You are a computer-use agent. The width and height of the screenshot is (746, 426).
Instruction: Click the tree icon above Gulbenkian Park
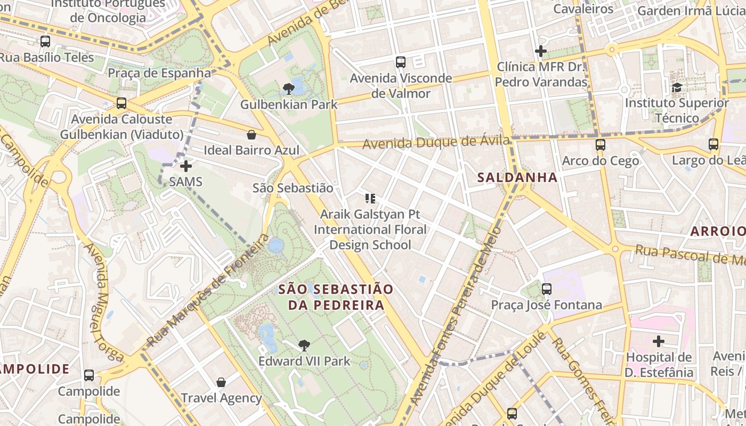(289, 88)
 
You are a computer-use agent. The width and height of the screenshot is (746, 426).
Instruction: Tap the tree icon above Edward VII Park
(304, 346)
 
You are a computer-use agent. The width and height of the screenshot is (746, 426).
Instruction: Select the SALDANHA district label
(517, 177)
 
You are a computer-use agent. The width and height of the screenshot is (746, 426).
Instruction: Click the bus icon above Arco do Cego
(601, 145)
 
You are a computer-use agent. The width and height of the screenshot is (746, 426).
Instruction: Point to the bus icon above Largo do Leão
(713, 144)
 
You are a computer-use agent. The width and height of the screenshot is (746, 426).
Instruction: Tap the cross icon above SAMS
(186, 167)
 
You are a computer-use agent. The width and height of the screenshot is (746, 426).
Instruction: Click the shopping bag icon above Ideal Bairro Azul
(252, 135)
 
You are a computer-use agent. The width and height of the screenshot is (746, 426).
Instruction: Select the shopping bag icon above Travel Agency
(221, 382)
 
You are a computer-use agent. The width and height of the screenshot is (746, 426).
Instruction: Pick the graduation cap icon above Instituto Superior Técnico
(677, 87)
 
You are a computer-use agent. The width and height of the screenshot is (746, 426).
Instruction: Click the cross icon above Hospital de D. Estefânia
(659, 341)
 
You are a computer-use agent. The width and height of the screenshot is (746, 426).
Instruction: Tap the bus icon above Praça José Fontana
(547, 289)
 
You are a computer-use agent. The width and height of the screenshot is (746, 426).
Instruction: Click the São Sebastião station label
(293, 188)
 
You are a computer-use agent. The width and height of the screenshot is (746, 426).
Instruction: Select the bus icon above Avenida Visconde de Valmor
(401, 62)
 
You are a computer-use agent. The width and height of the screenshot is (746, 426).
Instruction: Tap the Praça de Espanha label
(159, 73)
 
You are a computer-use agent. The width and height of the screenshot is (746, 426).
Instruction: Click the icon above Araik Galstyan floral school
(370, 199)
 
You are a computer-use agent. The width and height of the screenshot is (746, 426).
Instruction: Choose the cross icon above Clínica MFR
(541, 52)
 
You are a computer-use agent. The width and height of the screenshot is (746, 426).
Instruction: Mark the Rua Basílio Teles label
(47, 58)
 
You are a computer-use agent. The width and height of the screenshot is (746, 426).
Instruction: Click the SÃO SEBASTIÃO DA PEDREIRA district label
(336, 297)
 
